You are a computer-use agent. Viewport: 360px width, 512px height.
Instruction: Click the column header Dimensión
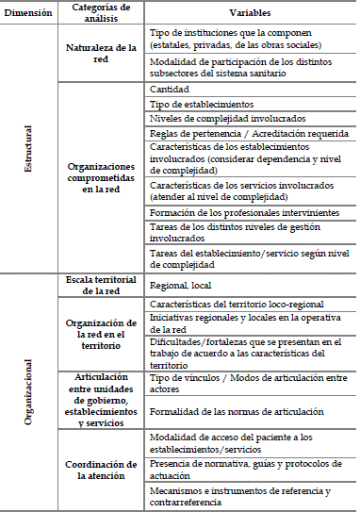coord(30,14)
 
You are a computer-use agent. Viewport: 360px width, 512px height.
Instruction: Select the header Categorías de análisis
coord(100,14)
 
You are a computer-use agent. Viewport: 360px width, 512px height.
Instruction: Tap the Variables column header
coord(249,14)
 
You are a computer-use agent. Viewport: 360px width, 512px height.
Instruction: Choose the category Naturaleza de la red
coord(100,52)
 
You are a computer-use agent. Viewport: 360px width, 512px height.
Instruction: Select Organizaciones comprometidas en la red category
coord(100,176)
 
